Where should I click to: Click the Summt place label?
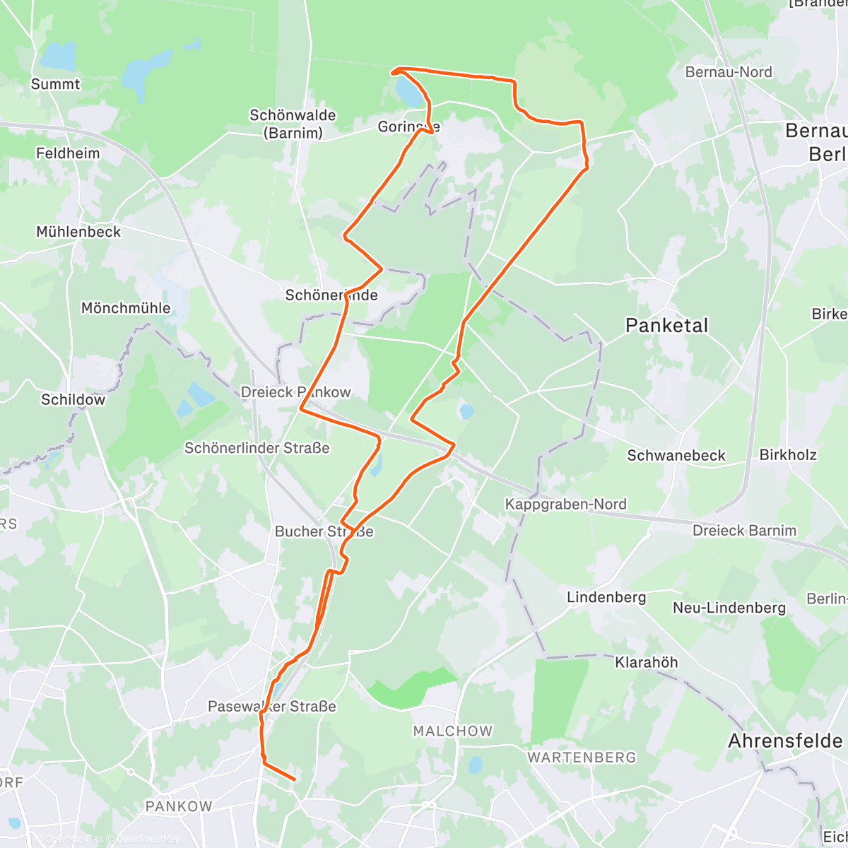pos(55,84)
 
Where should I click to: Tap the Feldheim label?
pos(68,153)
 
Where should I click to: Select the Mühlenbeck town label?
pos(78,232)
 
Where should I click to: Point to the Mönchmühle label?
pos(126,308)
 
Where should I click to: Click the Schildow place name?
pos(73,400)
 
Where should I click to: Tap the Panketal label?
pos(666,325)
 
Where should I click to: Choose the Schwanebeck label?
pos(676,456)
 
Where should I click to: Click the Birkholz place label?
pos(788,455)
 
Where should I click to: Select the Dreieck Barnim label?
pos(744,531)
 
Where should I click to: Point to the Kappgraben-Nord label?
pos(565,504)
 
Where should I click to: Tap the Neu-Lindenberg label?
pos(729,608)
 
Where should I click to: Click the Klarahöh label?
pos(646,663)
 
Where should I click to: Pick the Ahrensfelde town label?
pos(785,741)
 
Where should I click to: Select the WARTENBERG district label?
pos(582,758)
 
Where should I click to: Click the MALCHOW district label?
pos(453,731)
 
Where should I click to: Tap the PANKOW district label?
pos(179,806)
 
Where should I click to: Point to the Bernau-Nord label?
pos(729,72)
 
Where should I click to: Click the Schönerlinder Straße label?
pos(257,448)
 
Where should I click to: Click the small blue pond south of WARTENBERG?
pos(476,765)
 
